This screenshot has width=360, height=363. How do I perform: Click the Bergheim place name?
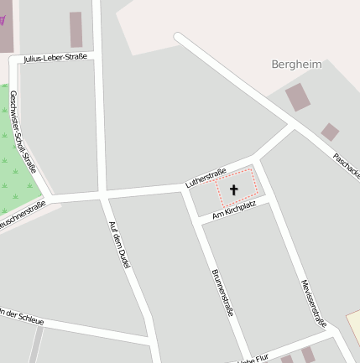296,65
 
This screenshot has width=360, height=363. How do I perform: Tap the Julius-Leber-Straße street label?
55,58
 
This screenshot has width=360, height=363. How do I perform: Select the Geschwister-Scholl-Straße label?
23,132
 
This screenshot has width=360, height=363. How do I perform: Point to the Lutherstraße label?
206,178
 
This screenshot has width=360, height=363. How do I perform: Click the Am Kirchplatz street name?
234,210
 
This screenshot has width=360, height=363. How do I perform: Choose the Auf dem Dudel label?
120,245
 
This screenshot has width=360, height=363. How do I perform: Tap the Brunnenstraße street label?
222,292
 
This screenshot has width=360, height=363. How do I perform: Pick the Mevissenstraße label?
313,303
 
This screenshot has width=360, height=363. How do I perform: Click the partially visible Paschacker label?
347,166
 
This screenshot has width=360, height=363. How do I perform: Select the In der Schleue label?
20,315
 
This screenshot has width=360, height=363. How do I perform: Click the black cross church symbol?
234,190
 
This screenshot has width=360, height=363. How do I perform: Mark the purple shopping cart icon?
3,18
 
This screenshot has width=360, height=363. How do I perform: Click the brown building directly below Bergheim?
298,97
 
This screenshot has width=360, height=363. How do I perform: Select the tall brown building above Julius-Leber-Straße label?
76,29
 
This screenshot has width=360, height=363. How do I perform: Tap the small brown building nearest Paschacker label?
330,132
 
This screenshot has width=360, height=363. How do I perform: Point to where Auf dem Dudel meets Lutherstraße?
102,195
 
